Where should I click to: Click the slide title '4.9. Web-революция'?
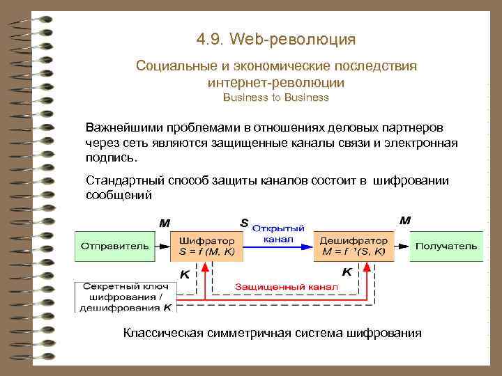pyautogui.click(x=276, y=39)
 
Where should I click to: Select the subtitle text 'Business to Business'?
pyautogui.click(x=275, y=97)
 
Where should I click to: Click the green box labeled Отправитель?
pyautogui.click(x=114, y=246)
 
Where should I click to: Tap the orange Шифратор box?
pyautogui.click(x=206, y=246)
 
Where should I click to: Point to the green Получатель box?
pyautogui.click(x=446, y=246)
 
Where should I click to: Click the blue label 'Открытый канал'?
pyautogui.click(x=278, y=233)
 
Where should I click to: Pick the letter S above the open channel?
pyautogui.click(x=244, y=223)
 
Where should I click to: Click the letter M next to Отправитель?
pyautogui.click(x=165, y=224)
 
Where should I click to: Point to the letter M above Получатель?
pyautogui.click(x=404, y=220)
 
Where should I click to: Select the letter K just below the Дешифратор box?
pyautogui.click(x=346, y=271)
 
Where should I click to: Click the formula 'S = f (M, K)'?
pyautogui.click(x=206, y=251)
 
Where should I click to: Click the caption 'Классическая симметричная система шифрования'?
pyautogui.click(x=272, y=333)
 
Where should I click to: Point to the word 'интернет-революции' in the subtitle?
pyautogui.click(x=275, y=82)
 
